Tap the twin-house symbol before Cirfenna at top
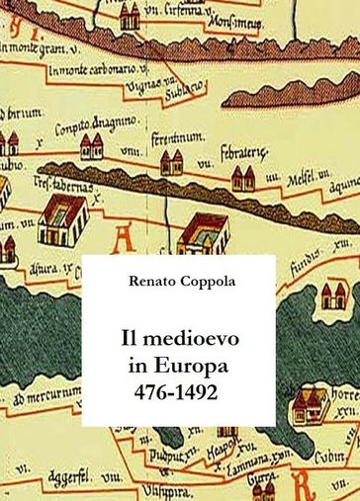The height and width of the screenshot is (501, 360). (130, 15)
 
